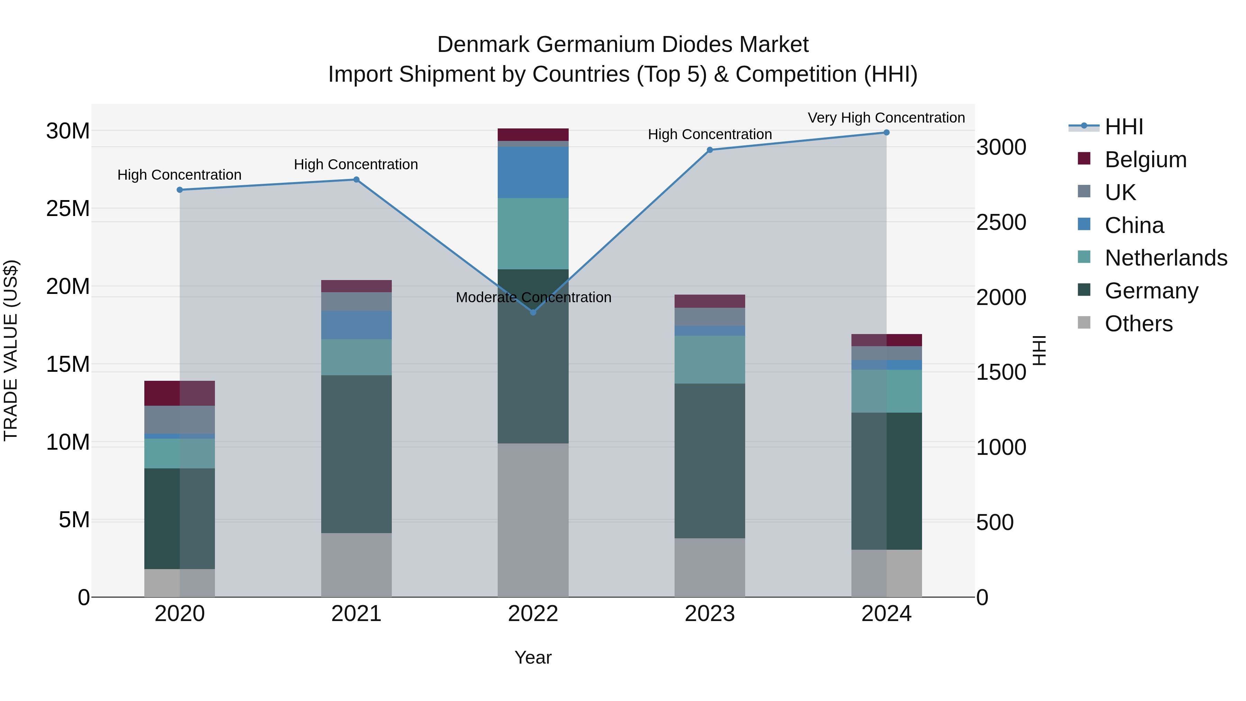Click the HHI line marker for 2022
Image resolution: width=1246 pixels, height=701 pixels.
(533, 313)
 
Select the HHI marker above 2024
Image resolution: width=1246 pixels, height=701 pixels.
(886, 133)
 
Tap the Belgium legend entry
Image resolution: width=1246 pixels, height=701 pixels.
(1145, 160)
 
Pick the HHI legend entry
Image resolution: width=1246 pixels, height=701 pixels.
(1123, 127)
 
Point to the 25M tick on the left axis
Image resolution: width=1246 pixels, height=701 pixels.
(68, 208)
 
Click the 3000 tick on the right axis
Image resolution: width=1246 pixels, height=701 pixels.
(1001, 147)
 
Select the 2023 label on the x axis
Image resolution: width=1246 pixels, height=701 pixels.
(710, 614)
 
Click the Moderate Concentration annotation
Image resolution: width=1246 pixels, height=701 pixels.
(533, 297)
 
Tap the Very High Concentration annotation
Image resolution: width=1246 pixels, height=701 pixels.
(886, 118)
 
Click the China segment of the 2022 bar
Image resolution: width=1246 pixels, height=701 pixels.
(533, 172)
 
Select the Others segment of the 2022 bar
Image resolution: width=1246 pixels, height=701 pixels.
(533, 520)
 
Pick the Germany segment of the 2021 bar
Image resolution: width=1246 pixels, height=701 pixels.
(356, 454)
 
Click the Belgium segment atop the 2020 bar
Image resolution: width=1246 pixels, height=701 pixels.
(179, 393)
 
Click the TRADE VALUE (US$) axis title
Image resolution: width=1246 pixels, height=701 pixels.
(11, 350)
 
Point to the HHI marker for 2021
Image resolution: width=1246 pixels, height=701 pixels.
(356, 179)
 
